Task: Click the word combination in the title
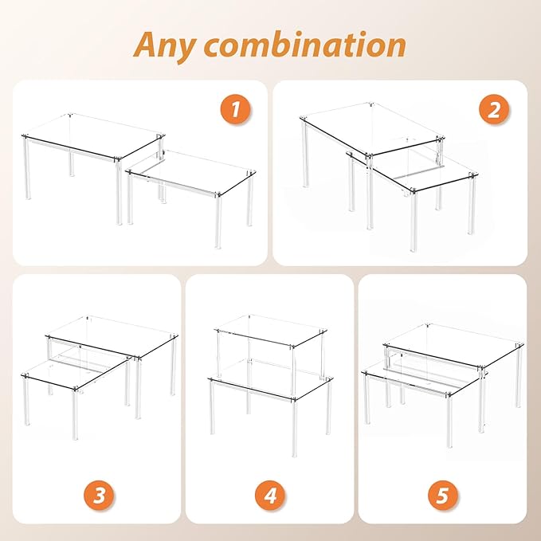[x=306, y=45]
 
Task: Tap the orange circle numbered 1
[x=235, y=110]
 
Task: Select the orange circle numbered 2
[x=494, y=110]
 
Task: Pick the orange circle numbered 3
[x=99, y=496]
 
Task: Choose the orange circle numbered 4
[x=270, y=496]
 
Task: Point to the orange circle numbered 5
[x=443, y=496]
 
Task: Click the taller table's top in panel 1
[x=93, y=136]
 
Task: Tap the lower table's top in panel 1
[x=190, y=171]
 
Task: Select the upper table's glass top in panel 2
[x=372, y=128]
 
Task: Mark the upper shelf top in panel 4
[x=271, y=330]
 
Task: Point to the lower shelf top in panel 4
[x=271, y=378]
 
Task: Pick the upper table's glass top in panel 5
[x=453, y=345]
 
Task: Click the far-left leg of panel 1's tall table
[x=26, y=168]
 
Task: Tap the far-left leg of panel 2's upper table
[x=305, y=154]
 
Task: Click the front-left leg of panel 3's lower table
[x=26, y=402]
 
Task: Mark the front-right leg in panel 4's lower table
[x=294, y=428]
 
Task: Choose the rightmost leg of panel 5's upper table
[x=519, y=375]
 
